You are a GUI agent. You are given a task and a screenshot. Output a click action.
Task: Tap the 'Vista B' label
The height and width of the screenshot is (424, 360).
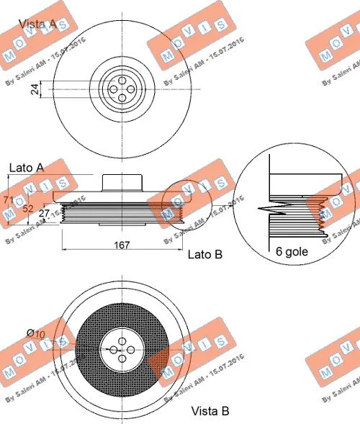[210, 412]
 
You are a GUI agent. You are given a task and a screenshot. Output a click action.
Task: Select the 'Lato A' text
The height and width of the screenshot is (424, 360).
[27, 167]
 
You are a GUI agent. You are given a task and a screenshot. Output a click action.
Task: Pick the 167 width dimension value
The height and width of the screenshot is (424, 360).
[122, 245]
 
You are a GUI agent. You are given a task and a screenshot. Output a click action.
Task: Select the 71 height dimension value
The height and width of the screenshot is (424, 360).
[9, 200]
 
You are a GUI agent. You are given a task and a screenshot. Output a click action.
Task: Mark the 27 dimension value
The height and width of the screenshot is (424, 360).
[43, 213]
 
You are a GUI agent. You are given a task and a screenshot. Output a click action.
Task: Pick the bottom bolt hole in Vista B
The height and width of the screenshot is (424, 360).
[122, 358]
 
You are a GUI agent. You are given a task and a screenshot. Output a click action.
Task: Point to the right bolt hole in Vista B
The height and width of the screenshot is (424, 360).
[131, 349]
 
